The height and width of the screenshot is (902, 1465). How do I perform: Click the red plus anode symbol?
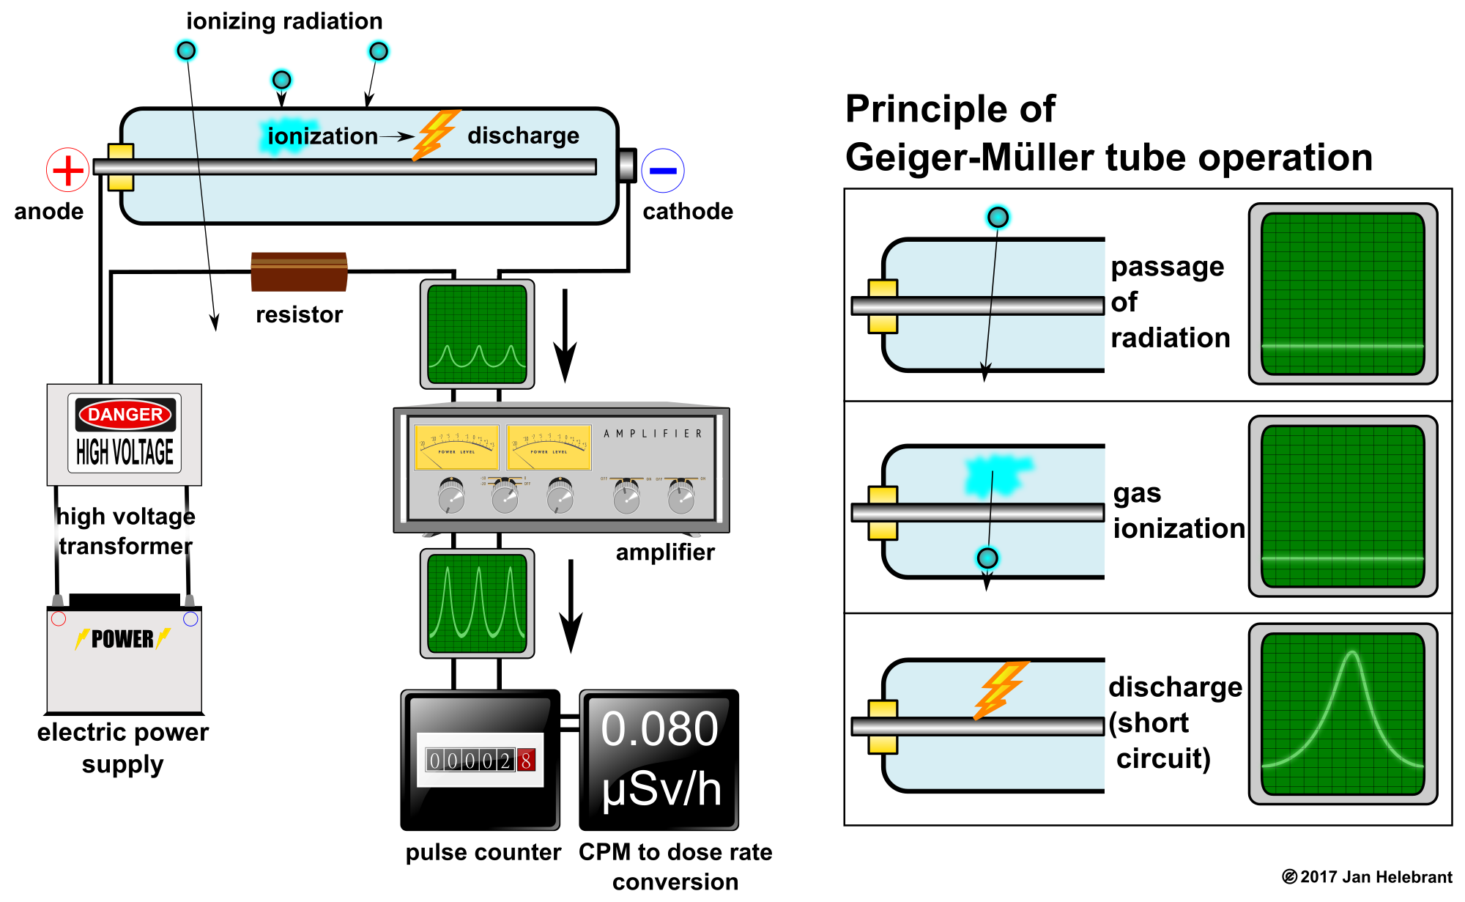(67, 170)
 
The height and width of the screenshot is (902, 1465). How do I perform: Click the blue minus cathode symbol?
(663, 171)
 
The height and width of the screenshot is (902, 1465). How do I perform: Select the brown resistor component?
(299, 272)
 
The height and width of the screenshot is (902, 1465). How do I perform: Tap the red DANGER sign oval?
(125, 415)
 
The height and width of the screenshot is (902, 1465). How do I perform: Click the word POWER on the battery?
(122, 639)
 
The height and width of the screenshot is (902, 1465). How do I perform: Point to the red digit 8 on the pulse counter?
(526, 761)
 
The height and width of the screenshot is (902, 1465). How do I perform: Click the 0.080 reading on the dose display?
(659, 730)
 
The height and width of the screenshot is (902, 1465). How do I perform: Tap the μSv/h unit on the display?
(661, 790)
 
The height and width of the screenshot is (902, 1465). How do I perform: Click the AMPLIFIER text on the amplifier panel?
(653, 434)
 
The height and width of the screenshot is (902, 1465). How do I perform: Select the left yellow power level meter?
(456, 447)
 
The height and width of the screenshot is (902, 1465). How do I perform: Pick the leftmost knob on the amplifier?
(451, 496)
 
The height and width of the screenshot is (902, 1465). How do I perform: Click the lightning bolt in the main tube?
(435, 135)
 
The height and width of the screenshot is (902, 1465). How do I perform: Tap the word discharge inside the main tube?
(523, 136)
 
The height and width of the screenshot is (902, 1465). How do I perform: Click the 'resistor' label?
(299, 314)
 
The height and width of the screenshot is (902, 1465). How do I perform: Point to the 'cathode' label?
(688, 211)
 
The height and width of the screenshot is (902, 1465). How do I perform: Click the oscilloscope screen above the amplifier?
(477, 334)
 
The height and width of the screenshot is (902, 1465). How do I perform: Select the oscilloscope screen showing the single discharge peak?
(1343, 714)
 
